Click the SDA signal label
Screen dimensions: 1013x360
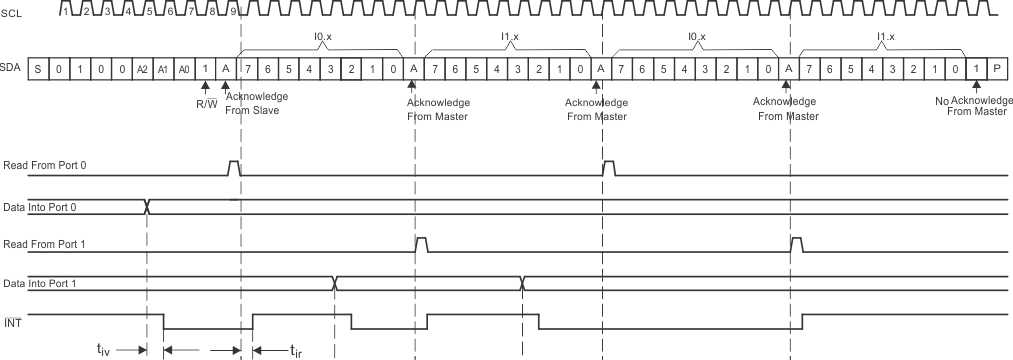click(14, 70)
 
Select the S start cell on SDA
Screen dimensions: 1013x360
click(38, 70)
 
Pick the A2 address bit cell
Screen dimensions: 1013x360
click(142, 70)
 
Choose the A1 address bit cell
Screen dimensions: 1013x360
click(163, 70)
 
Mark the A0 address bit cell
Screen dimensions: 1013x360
click(184, 70)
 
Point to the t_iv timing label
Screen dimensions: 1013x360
click(104, 349)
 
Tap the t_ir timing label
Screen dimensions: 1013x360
click(296, 349)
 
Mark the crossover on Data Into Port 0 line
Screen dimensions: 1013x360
click(147, 206)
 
